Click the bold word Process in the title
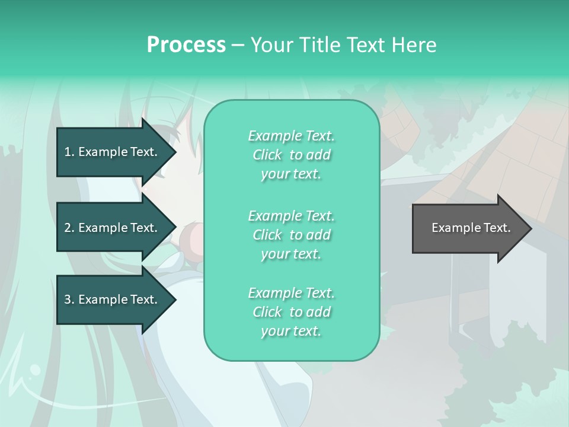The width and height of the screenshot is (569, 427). pyautogui.click(x=186, y=44)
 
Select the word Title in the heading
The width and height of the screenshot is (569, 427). pyautogui.click(x=321, y=44)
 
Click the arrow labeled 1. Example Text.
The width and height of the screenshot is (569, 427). pyautogui.click(x=113, y=152)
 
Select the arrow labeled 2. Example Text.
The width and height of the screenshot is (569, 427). pyautogui.click(x=113, y=228)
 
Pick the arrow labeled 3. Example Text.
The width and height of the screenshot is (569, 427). pyautogui.click(x=113, y=299)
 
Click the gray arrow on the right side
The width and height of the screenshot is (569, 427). pyautogui.click(x=468, y=228)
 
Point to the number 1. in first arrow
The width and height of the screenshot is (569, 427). pyautogui.click(x=69, y=152)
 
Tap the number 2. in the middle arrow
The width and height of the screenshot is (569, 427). pyautogui.click(x=69, y=228)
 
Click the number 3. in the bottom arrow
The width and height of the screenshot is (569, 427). pyautogui.click(x=69, y=299)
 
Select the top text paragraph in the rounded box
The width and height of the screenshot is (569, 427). pyautogui.click(x=291, y=155)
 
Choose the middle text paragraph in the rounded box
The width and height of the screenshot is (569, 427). pyautogui.click(x=291, y=235)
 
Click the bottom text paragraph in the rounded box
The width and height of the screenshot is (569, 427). pyautogui.click(x=291, y=312)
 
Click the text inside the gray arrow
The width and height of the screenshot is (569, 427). pyautogui.click(x=471, y=228)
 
